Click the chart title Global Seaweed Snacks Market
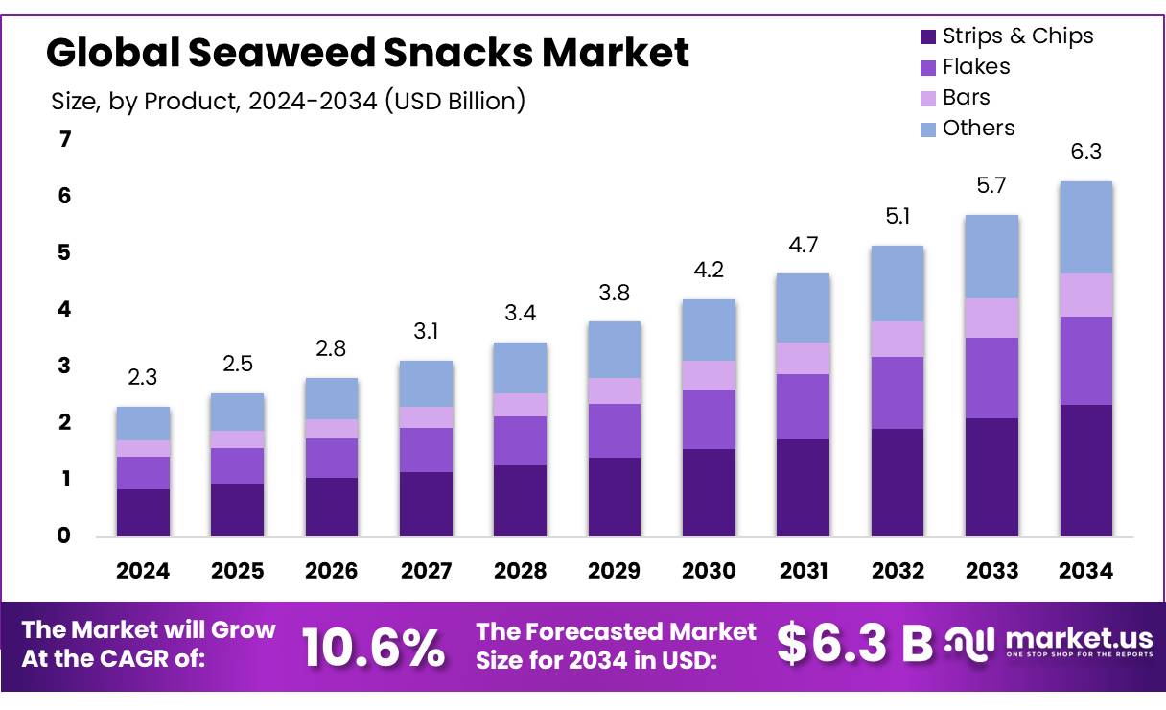click(x=367, y=54)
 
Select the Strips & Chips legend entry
click(x=1016, y=36)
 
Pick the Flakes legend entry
click(x=975, y=67)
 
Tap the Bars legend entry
click(x=966, y=98)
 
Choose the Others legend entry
click(x=977, y=129)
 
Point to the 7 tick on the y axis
click(x=65, y=140)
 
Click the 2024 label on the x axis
click(x=143, y=571)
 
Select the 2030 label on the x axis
click(x=709, y=571)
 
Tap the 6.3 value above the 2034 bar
click(x=1085, y=153)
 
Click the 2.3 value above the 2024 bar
click(x=143, y=378)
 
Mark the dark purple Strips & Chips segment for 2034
click(x=1085, y=470)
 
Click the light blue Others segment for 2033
click(x=991, y=256)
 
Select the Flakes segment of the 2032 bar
click(x=898, y=392)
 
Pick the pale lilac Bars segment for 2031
click(x=804, y=358)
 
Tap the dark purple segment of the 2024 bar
click(x=143, y=512)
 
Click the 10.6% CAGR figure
click(x=374, y=647)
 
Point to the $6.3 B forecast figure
click(x=853, y=644)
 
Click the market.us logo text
click(x=1079, y=639)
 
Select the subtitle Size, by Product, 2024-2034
click(x=288, y=101)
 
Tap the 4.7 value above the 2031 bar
click(x=804, y=245)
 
